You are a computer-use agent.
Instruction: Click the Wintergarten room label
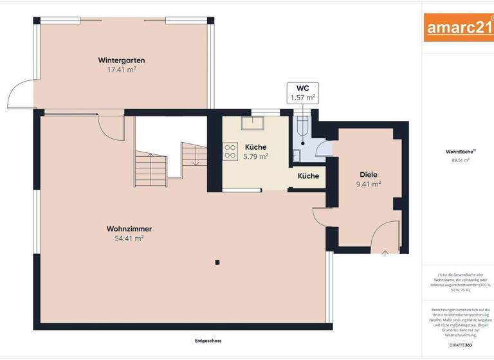click(x=121, y=60)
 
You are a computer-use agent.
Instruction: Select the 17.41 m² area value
click(x=121, y=69)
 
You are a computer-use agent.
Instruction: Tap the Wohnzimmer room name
click(x=129, y=228)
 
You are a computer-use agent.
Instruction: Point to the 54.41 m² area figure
click(x=129, y=238)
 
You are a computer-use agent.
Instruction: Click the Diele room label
click(x=369, y=174)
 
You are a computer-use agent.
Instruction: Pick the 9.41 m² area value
click(x=369, y=184)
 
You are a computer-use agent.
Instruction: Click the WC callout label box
click(x=302, y=93)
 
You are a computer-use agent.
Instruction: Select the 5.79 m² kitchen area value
click(x=255, y=156)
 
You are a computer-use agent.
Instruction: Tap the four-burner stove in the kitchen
click(x=229, y=151)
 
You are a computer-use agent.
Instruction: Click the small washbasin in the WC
click(x=297, y=154)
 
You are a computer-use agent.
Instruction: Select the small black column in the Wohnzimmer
click(x=217, y=262)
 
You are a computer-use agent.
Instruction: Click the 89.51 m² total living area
click(x=458, y=160)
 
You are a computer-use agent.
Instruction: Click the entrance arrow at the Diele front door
click(x=385, y=253)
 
